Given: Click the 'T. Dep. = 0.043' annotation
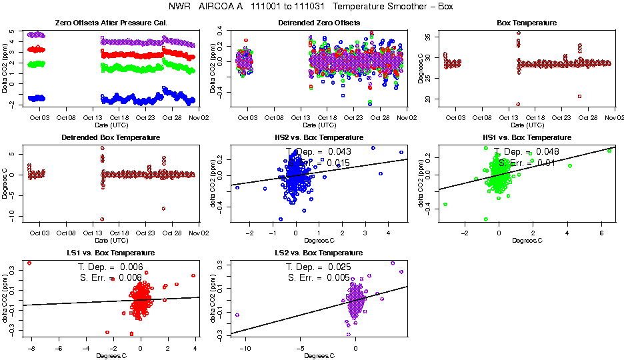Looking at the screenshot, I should point(318,152).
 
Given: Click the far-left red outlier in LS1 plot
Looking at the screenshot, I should point(29,263).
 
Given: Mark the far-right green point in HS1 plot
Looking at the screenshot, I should point(609,151).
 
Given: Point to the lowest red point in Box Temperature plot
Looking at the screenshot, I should point(517,104).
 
